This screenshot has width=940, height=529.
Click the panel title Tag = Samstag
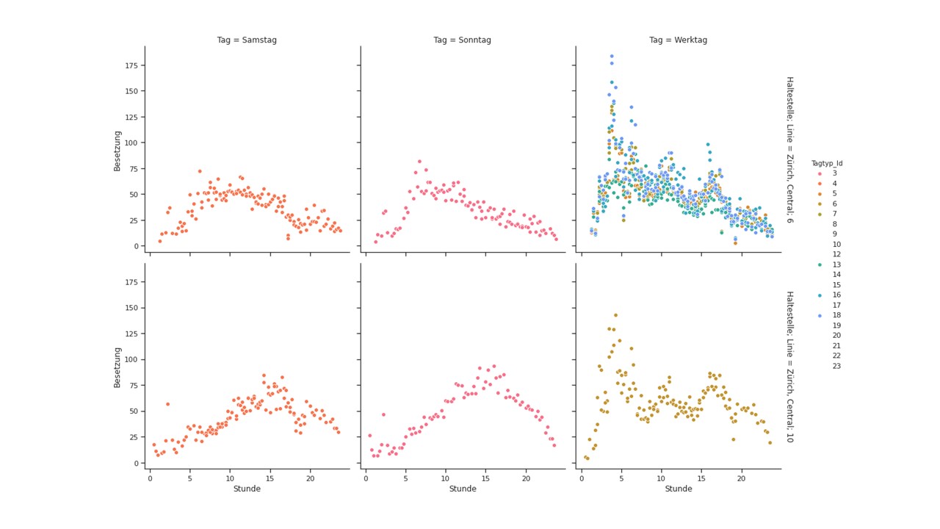click(x=247, y=40)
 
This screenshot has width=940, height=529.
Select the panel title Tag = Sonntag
click(x=462, y=40)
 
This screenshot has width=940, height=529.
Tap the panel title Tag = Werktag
click(x=678, y=40)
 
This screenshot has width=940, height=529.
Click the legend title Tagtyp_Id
click(x=827, y=163)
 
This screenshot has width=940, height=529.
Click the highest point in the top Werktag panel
click(x=611, y=56)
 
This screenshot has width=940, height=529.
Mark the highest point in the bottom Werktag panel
click(x=615, y=315)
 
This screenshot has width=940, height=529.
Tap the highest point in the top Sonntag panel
click(x=419, y=162)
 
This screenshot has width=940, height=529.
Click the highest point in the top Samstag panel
click(x=200, y=171)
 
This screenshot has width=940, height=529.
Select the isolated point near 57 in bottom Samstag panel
click(x=167, y=404)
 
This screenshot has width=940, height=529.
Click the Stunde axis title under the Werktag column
click(x=678, y=489)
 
